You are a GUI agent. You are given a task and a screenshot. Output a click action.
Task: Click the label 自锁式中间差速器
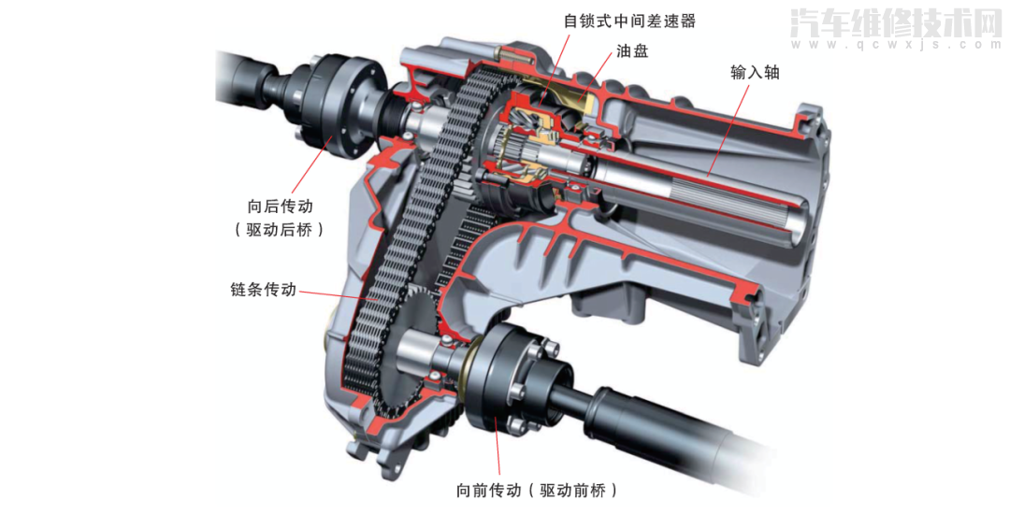point(629,21)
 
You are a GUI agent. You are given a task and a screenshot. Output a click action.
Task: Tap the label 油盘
point(632,50)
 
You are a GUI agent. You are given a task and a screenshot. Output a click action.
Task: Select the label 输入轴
point(755,72)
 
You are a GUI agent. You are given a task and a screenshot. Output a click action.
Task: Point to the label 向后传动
point(281,206)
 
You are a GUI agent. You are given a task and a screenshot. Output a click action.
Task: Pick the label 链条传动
point(264,290)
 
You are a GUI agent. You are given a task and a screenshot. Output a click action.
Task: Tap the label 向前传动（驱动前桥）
point(537,491)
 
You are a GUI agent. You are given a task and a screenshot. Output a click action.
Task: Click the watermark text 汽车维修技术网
point(895,23)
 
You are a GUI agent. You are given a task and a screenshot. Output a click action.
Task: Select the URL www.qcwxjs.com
point(895,44)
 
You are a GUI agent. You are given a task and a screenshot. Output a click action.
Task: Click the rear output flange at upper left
point(338,107)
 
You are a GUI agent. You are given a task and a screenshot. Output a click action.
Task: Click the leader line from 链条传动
point(338,296)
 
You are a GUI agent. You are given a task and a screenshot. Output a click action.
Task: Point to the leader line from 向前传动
point(497,446)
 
